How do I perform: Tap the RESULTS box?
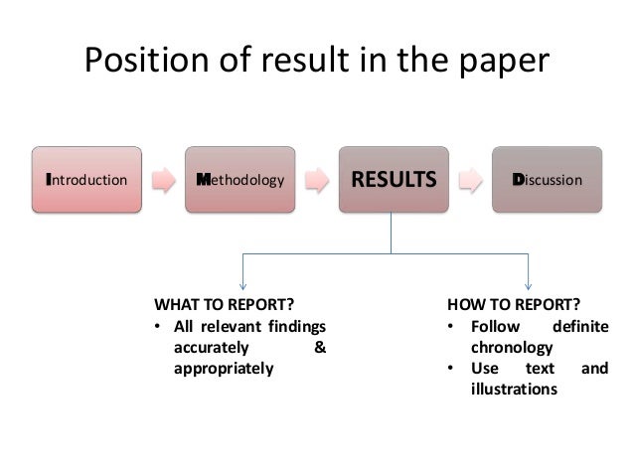[x=395, y=180]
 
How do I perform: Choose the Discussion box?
[x=549, y=180]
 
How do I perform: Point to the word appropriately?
[x=223, y=369]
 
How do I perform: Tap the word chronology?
[x=513, y=348]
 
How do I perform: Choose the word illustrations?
[x=515, y=390]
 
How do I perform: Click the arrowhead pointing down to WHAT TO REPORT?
[x=244, y=285]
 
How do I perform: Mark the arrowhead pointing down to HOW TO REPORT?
[x=529, y=285]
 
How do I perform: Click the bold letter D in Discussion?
[x=518, y=180]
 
